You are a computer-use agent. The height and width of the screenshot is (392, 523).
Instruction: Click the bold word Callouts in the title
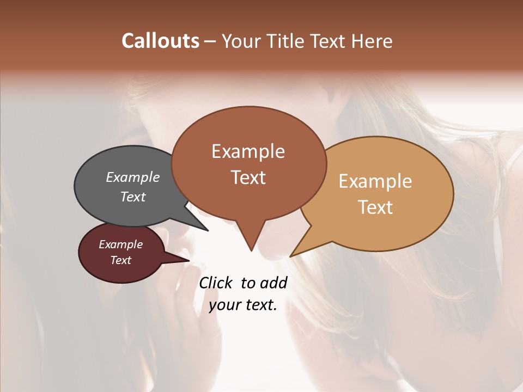160,41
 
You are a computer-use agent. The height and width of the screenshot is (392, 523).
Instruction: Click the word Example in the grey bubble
133,177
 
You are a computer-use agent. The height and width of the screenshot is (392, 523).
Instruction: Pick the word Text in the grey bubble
133,197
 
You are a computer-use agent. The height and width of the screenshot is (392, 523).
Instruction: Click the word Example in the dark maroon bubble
121,244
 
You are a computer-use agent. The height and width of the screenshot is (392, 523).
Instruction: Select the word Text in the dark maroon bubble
121,260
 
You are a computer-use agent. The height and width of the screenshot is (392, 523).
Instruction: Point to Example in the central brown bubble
248,151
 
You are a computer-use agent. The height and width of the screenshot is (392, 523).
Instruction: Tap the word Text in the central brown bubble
248,177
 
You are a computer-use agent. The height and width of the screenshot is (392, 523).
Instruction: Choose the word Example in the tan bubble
375,181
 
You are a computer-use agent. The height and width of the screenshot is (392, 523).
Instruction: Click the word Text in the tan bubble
375,207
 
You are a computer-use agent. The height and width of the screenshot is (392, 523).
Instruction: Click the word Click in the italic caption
216,283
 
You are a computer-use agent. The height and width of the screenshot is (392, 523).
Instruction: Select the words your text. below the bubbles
243,305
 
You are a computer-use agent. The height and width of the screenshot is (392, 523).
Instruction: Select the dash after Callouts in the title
210,41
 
